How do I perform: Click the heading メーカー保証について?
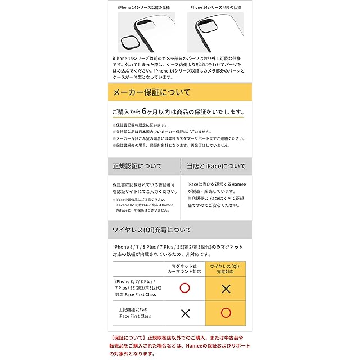point(152,92)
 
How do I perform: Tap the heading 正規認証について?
point(138,166)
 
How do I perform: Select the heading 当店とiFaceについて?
point(216,166)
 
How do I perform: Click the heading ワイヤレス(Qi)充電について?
point(152,230)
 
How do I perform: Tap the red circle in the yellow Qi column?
point(227,312)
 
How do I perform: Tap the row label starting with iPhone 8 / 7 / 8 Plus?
point(136,287)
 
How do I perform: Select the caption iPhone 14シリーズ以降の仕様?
point(215,7)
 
